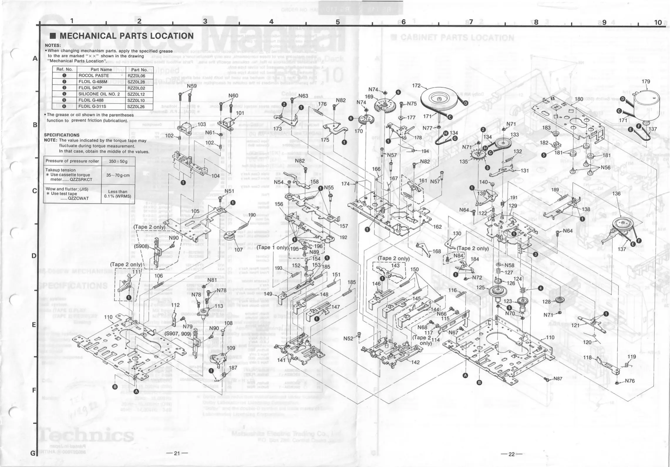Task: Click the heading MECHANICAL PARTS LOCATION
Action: click(x=126, y=36)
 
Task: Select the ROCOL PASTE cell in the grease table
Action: click(x=94, y=75)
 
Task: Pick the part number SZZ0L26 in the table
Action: click(x=136, y=107)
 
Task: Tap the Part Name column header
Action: click(x=101, y=70)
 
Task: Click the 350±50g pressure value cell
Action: click(x=117, y=161)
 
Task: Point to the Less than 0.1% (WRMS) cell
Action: click(x=117, y=194)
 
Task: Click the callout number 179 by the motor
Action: click(x=646, y=82)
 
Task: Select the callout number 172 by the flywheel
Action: click(x=417, y=86)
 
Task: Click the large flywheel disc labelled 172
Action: click(x=439, y=100)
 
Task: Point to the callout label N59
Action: click(x=192, y=86)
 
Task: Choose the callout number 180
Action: click(x=579, y=99)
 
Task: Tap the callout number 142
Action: click(x=415, y=362)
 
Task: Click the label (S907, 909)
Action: click(x=178, y=334)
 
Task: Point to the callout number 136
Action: click(x=616, y=194)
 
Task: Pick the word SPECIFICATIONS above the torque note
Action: click(x=62, y=135)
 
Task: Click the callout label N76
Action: click(x=630, y=381)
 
